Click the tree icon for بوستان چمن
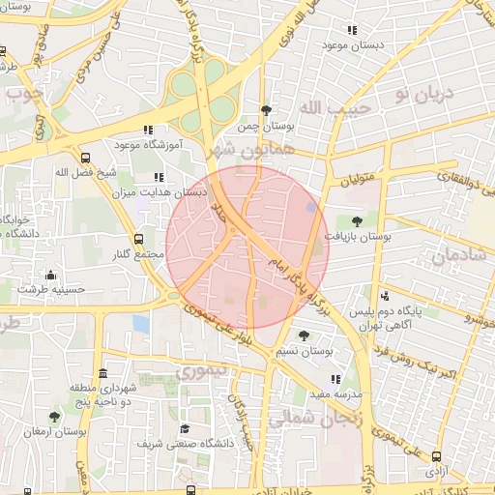266,110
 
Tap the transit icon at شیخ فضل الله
86,157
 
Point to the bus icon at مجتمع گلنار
137,239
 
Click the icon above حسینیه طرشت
50,275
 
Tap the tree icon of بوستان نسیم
305,335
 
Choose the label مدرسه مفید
335,394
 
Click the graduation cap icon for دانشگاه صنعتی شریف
185,428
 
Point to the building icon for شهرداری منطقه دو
102,373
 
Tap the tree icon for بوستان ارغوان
54,417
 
